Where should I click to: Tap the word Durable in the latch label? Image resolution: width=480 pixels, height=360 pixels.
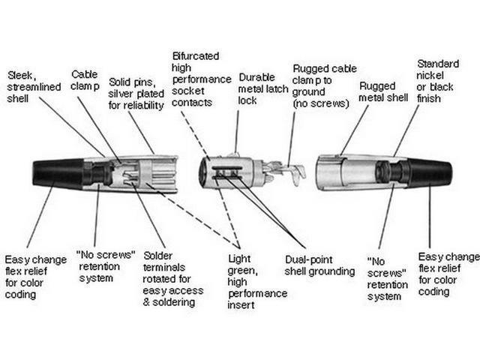(x=256, y=76)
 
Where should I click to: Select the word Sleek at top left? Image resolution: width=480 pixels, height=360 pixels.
(x=21, y=75)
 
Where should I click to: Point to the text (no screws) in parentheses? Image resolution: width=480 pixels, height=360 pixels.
(x=321, y=103)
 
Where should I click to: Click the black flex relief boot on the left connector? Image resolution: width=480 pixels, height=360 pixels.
(x=56, y=173)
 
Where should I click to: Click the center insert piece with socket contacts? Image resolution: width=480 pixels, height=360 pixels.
(x=233, y=172)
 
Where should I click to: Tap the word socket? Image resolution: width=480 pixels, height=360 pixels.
(x=188, y=90)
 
